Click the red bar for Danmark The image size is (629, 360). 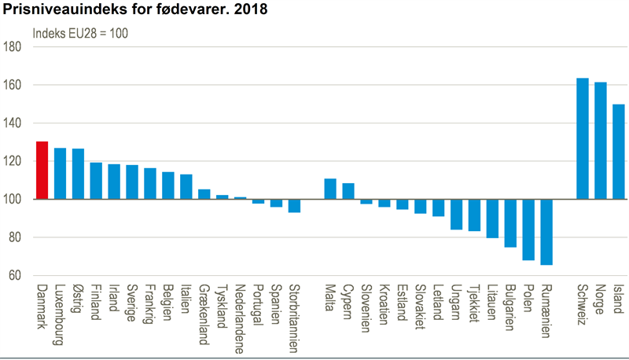[42, 171]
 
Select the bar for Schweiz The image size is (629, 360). [583, 139]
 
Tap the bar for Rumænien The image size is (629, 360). [546, 232]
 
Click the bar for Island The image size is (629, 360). [619, 152]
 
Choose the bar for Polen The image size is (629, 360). [528, 230]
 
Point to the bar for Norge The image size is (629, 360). [601, 141]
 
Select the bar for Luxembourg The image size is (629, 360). [60, 174]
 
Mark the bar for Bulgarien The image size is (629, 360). [510, 223]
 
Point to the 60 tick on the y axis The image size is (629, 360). [15, 276]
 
